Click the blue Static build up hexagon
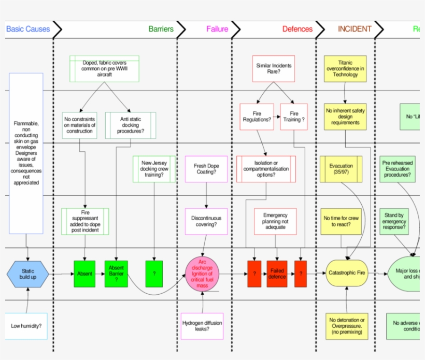click(27, 274)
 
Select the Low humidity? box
click(26, 326)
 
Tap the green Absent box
click(84, 273)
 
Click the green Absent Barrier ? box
click(117, 273)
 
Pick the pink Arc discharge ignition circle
click(203, 273)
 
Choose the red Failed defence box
click(277, 274)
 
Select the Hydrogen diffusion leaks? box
click(202, 326)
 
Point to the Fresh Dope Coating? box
click(206, 169)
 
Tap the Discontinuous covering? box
click(206, 221)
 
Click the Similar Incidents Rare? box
click(274, 69)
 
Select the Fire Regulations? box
click(257, 117)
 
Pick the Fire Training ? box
click(294, 117)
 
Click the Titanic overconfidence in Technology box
click(345, 68)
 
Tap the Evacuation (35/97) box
click(341, 169)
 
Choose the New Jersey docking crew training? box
click(154, 169)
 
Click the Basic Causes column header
click(28, 30)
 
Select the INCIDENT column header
click(355, 30)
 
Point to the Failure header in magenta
click(217, 30)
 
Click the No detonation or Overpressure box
click(347, 326)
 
